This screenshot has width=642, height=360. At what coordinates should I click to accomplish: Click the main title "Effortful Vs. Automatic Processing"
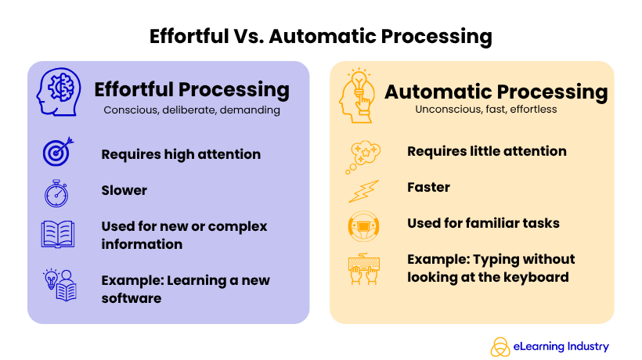pyautogui.click(x=321, y=36)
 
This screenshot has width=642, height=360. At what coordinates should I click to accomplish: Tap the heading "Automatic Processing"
pyautogui.click(x=496, y=92)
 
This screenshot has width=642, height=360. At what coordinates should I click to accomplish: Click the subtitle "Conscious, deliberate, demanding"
pyautogui.click(x=192, y=110)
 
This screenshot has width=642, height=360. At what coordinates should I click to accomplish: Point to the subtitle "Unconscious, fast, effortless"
pyautogui.click(x=486, y=110)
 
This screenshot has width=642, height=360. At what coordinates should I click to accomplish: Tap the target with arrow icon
pyautogui.click(x=57, y=152)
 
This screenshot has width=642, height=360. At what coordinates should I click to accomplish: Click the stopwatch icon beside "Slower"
pyautogui.click(x=57, y=193)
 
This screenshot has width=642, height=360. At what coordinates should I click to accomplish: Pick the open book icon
pyautogui.click(x=57, y=234)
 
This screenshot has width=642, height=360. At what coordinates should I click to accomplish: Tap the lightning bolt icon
pyautogui.click(x=363, y=191)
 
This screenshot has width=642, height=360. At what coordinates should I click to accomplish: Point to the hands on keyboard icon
pyautogui.click(x=363, y=268)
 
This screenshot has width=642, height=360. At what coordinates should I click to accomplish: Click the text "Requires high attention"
pyautogui.click(x=181, y=154)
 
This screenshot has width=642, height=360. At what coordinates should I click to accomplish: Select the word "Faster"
pyautogui.click(x=428, y=187)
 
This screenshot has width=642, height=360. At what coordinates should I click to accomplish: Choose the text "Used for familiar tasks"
pyautogui.click(x=483, y=223)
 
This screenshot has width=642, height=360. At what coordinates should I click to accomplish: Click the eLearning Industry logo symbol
pyautogui.click(x=500, y=346)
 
